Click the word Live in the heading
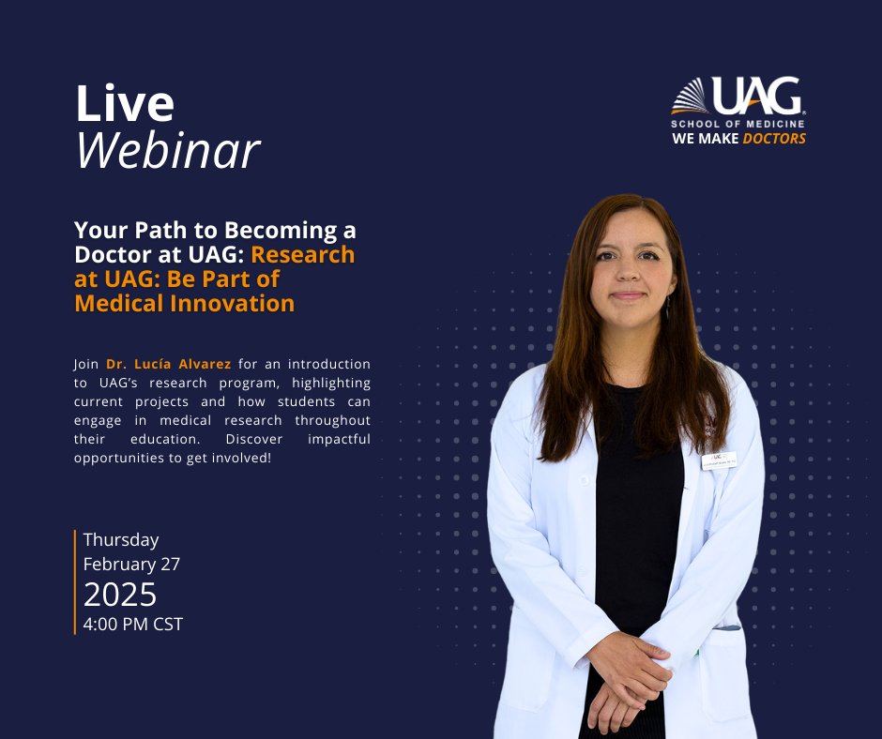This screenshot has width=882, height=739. point(124,104)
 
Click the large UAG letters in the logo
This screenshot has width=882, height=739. point(756,98)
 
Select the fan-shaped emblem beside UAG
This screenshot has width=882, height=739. point(690,97)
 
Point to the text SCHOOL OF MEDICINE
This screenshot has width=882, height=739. point(738,124)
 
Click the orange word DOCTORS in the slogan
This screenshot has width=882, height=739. point(774,139)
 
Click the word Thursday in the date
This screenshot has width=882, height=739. point(121,540)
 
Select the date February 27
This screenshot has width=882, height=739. point(131,565)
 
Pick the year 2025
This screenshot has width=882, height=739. point(120,595)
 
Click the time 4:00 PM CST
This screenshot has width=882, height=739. point(132,623)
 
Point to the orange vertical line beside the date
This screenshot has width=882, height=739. point(75,581)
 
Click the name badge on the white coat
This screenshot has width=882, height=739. point(718,460)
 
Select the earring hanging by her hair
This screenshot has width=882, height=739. point(667,308)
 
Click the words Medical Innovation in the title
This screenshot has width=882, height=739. point(184,304)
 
